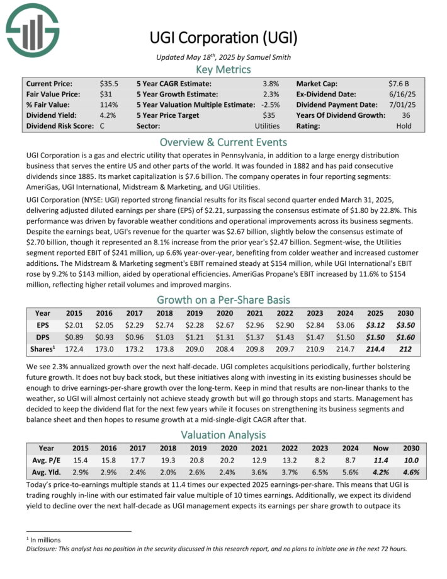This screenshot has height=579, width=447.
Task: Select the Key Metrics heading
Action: [223, 69]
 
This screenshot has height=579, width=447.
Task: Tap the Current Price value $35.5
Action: [109, 83]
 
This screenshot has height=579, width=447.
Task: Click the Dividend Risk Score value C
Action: [102, 125]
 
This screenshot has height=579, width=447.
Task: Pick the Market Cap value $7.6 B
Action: [400, 83]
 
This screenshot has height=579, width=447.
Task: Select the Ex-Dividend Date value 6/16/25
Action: [400, 94]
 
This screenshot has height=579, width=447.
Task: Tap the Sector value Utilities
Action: [268, 125]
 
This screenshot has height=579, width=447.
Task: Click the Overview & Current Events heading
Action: [223, 142]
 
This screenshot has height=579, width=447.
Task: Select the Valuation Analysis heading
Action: [223, 435]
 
